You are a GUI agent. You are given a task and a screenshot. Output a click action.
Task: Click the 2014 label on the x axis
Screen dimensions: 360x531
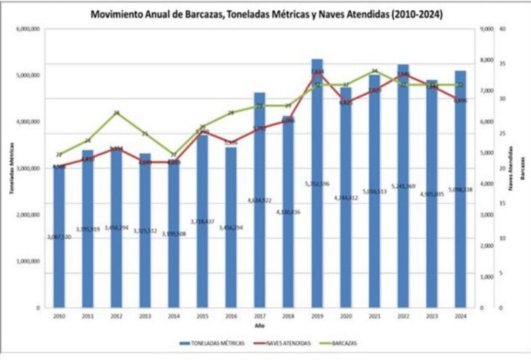coord(174,316)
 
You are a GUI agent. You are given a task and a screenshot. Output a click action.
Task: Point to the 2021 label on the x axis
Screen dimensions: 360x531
coord(374,316)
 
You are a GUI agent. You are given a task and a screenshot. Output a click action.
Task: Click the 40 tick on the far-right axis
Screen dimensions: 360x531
coord(502,29)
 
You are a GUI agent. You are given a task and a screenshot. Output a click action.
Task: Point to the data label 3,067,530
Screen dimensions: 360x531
coord(59,236)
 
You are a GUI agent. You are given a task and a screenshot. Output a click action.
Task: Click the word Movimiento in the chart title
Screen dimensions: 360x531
coord(120,14)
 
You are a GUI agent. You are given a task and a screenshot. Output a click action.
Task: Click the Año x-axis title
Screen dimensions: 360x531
coord(260,326)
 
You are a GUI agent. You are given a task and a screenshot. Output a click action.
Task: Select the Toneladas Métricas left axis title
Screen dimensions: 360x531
coord(11,168)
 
